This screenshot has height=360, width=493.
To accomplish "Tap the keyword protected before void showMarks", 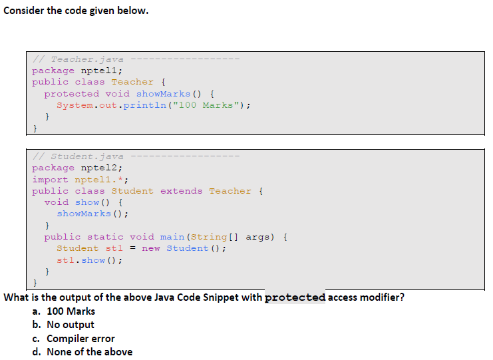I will tap(72, 93).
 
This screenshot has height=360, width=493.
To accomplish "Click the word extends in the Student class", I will tap(181, 191).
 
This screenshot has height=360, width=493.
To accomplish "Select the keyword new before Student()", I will tap(151, 248).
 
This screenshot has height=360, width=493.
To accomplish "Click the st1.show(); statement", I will tap(89, 260).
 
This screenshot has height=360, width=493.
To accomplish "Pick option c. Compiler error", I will tap(73, 339).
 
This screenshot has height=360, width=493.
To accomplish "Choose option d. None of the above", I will tap(82, 352).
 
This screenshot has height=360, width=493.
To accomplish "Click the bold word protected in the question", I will tap(295, 297).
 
